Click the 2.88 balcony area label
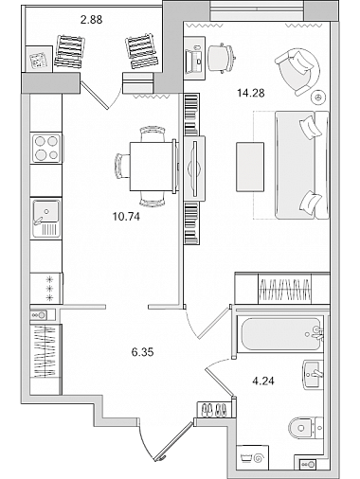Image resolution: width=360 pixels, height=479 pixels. [x=91, y=20]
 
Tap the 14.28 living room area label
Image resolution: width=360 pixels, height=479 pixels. [x=250, y=93]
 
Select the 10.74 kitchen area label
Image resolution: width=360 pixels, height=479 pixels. [x=126, y=217]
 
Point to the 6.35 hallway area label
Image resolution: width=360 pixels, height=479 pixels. [x=142, y=352]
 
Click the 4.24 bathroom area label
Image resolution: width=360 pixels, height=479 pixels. [x=263, y=381]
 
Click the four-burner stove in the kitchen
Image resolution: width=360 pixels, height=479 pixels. [x=46, y=148]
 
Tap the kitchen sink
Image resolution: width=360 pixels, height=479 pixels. [x=45, y=218]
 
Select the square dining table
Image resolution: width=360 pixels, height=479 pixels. [x=152, y=167]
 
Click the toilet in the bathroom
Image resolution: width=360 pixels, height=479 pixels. [x=305, y=428]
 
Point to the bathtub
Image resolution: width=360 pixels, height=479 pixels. [x=280, y=334]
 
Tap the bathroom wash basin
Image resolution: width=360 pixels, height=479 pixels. [x=313, y=375]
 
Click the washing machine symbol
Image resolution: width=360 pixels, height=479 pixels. [x=252, y=457]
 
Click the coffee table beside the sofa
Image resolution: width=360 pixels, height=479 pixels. [x=250, y=167]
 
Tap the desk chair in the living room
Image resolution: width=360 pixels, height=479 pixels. [x=221, y=59]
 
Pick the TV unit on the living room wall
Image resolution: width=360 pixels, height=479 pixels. [x=194, y=168]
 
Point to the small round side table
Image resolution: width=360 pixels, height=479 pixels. [x=318, y=98]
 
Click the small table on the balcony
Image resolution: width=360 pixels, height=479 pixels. [x=39, y=59]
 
